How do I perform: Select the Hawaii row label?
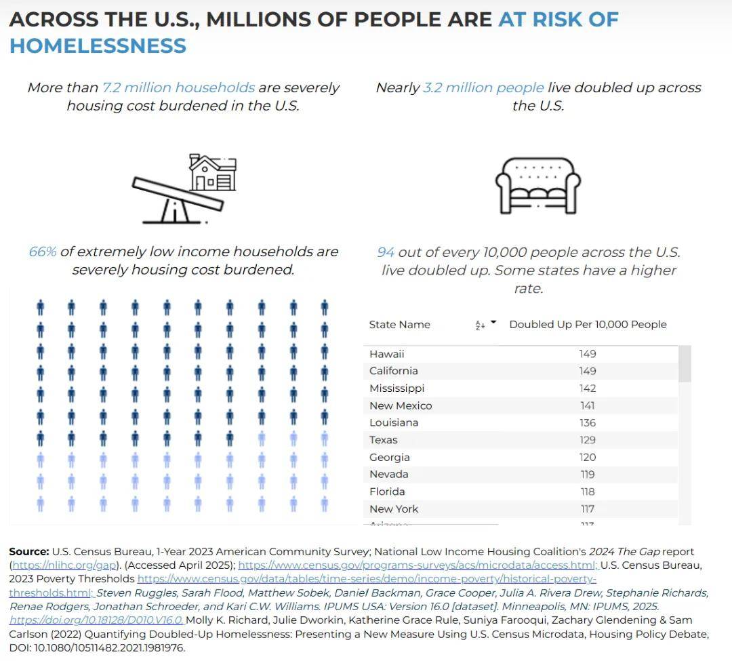click(386, 354)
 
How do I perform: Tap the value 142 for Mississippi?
click(588, 388)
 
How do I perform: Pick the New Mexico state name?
click(401, 405)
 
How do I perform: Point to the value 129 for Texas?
click(588, 440)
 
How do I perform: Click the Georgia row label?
click(390, 457)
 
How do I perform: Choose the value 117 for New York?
click(588, 508)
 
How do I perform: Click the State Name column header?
click(399, 325)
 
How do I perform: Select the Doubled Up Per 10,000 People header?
click(588, 325)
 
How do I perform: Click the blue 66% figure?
click(43, 252)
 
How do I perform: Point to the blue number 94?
click(386, 252)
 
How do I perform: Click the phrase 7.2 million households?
click(178, 87)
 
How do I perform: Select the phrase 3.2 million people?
click(483, 87)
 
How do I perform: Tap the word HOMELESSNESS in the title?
click(98, 46)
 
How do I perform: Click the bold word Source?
click(28, 552)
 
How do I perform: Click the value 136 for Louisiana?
click(588, 422)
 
